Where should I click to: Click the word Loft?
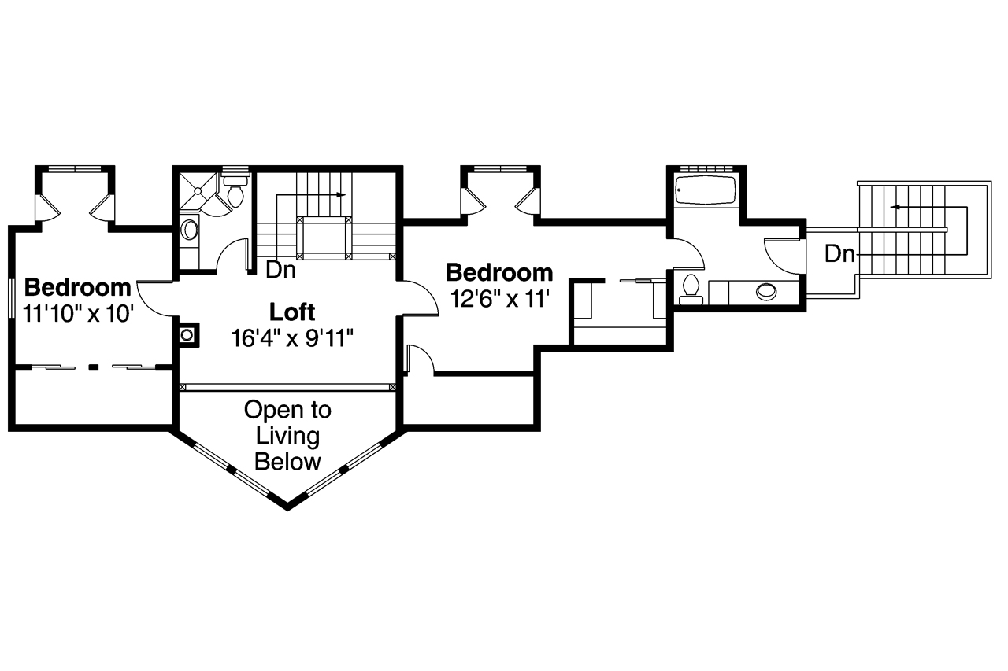[292, 312]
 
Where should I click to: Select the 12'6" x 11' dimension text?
[499, 300]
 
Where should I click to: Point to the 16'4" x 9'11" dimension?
[292, 338]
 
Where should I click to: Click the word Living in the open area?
[287, 436]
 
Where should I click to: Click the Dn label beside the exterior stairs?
[840, 254]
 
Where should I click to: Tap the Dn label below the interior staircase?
[280, 271]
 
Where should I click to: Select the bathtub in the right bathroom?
[706, 190]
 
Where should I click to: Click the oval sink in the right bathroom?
[767, 293]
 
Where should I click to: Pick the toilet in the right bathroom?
[691, 289]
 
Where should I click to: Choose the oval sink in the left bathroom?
[191, 230]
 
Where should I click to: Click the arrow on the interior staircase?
[339, 194]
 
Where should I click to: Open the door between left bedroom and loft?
[157, 299]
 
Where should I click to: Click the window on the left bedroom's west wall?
[11, 299]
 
